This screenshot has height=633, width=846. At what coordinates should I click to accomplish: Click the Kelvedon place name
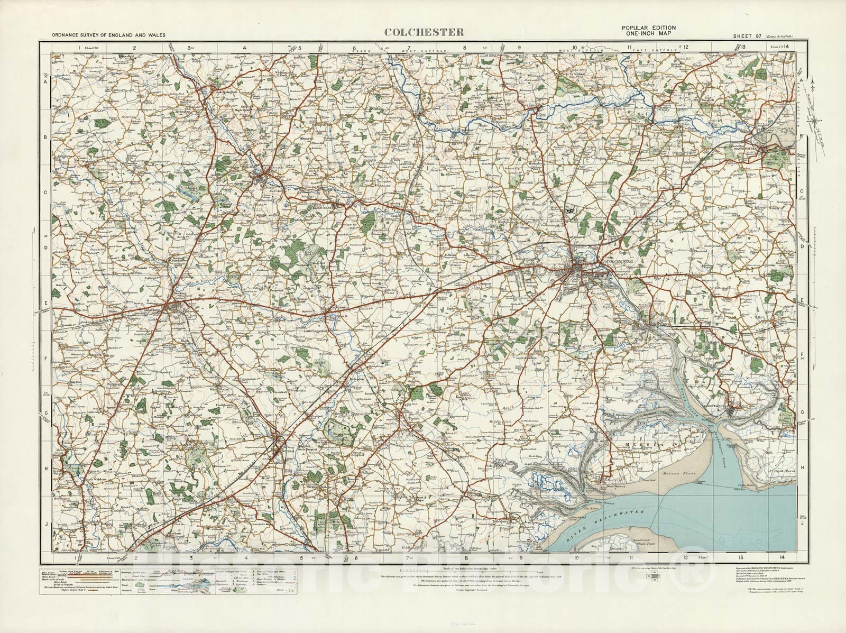point(354,380)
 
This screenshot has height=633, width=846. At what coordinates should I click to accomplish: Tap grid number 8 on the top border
point(465,47)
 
